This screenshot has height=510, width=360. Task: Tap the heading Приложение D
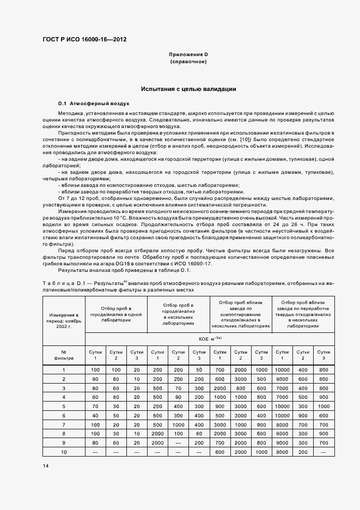tap(188, 55)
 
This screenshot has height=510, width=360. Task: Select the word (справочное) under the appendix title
tap(188, 62)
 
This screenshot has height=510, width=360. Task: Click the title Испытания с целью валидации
tap(188, 88)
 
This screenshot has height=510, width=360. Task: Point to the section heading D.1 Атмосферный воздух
tap(94, 103)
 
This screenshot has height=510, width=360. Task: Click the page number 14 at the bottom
tap(45, 466)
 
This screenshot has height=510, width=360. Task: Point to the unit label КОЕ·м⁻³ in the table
tap(210, 338)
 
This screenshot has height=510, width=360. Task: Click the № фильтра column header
tap(63, 355)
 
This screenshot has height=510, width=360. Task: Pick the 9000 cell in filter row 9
tap(282, 443)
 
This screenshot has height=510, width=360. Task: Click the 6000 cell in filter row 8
tap(282, 433)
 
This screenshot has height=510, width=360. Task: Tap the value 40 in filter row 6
tap(95, 415)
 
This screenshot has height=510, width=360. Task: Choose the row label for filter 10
tap(63, 452)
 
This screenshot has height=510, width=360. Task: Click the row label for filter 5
tap(63, 405)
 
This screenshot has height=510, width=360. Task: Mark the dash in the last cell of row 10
tap(324, 452)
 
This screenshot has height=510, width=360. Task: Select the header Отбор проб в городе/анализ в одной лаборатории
tap(116, 314)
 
